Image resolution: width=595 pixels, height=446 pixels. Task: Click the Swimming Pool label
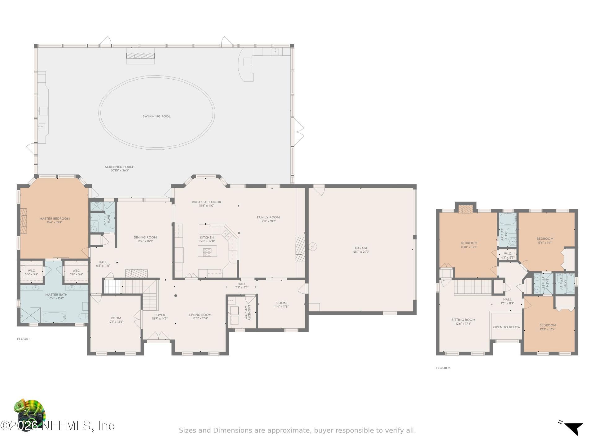156,116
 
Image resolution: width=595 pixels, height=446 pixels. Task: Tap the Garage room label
361,248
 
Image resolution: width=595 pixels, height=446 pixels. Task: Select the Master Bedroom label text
55,219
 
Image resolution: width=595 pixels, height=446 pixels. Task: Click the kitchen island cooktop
207,251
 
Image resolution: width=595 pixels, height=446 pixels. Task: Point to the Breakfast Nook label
207,202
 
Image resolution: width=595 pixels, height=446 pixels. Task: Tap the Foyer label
160,315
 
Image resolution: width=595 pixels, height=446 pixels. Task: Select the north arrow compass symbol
573,428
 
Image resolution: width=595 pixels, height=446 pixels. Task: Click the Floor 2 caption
443,368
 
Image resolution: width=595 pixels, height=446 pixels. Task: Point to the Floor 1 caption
24,339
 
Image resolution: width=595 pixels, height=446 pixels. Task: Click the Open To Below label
507,327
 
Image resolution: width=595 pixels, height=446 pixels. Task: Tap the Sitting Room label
463,320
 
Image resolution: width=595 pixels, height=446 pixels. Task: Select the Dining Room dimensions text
145,241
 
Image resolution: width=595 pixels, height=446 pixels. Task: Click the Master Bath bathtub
54,317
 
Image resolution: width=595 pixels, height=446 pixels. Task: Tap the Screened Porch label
120,167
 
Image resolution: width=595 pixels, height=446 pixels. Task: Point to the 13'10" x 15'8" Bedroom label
469,243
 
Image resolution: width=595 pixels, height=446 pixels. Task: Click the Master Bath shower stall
30,315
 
